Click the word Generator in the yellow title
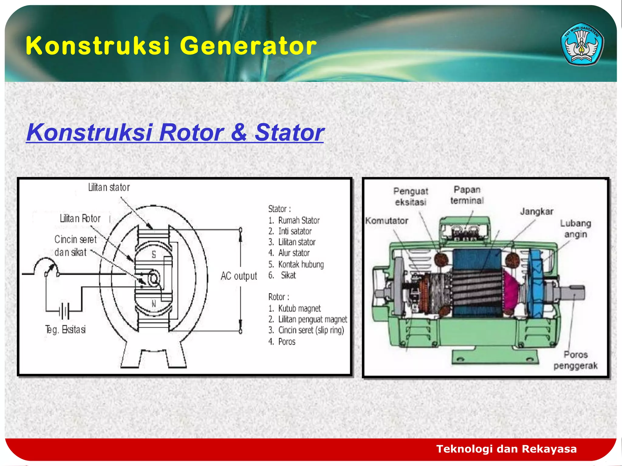(x=248, y=46)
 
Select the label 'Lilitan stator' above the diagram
(x=109, y=187)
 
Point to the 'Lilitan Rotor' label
(x=80, y=218)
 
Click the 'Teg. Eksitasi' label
(x=66, y=329)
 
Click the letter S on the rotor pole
(x=154, y=254)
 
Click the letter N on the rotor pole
(x=154, y=304)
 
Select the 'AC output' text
(x=239, y=276)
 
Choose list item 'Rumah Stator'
(x=299, y=220)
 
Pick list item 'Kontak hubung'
(x=301, y=264)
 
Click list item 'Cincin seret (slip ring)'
(x=311, y=330)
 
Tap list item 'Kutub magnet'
(x=299, y=309)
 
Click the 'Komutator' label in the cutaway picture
(x=387, y=221)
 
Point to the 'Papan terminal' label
(x=467, y=195)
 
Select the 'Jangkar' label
(x=537, y=211)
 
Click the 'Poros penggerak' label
(x=576, y=360)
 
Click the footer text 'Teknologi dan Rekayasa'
(x=506, y=449)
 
